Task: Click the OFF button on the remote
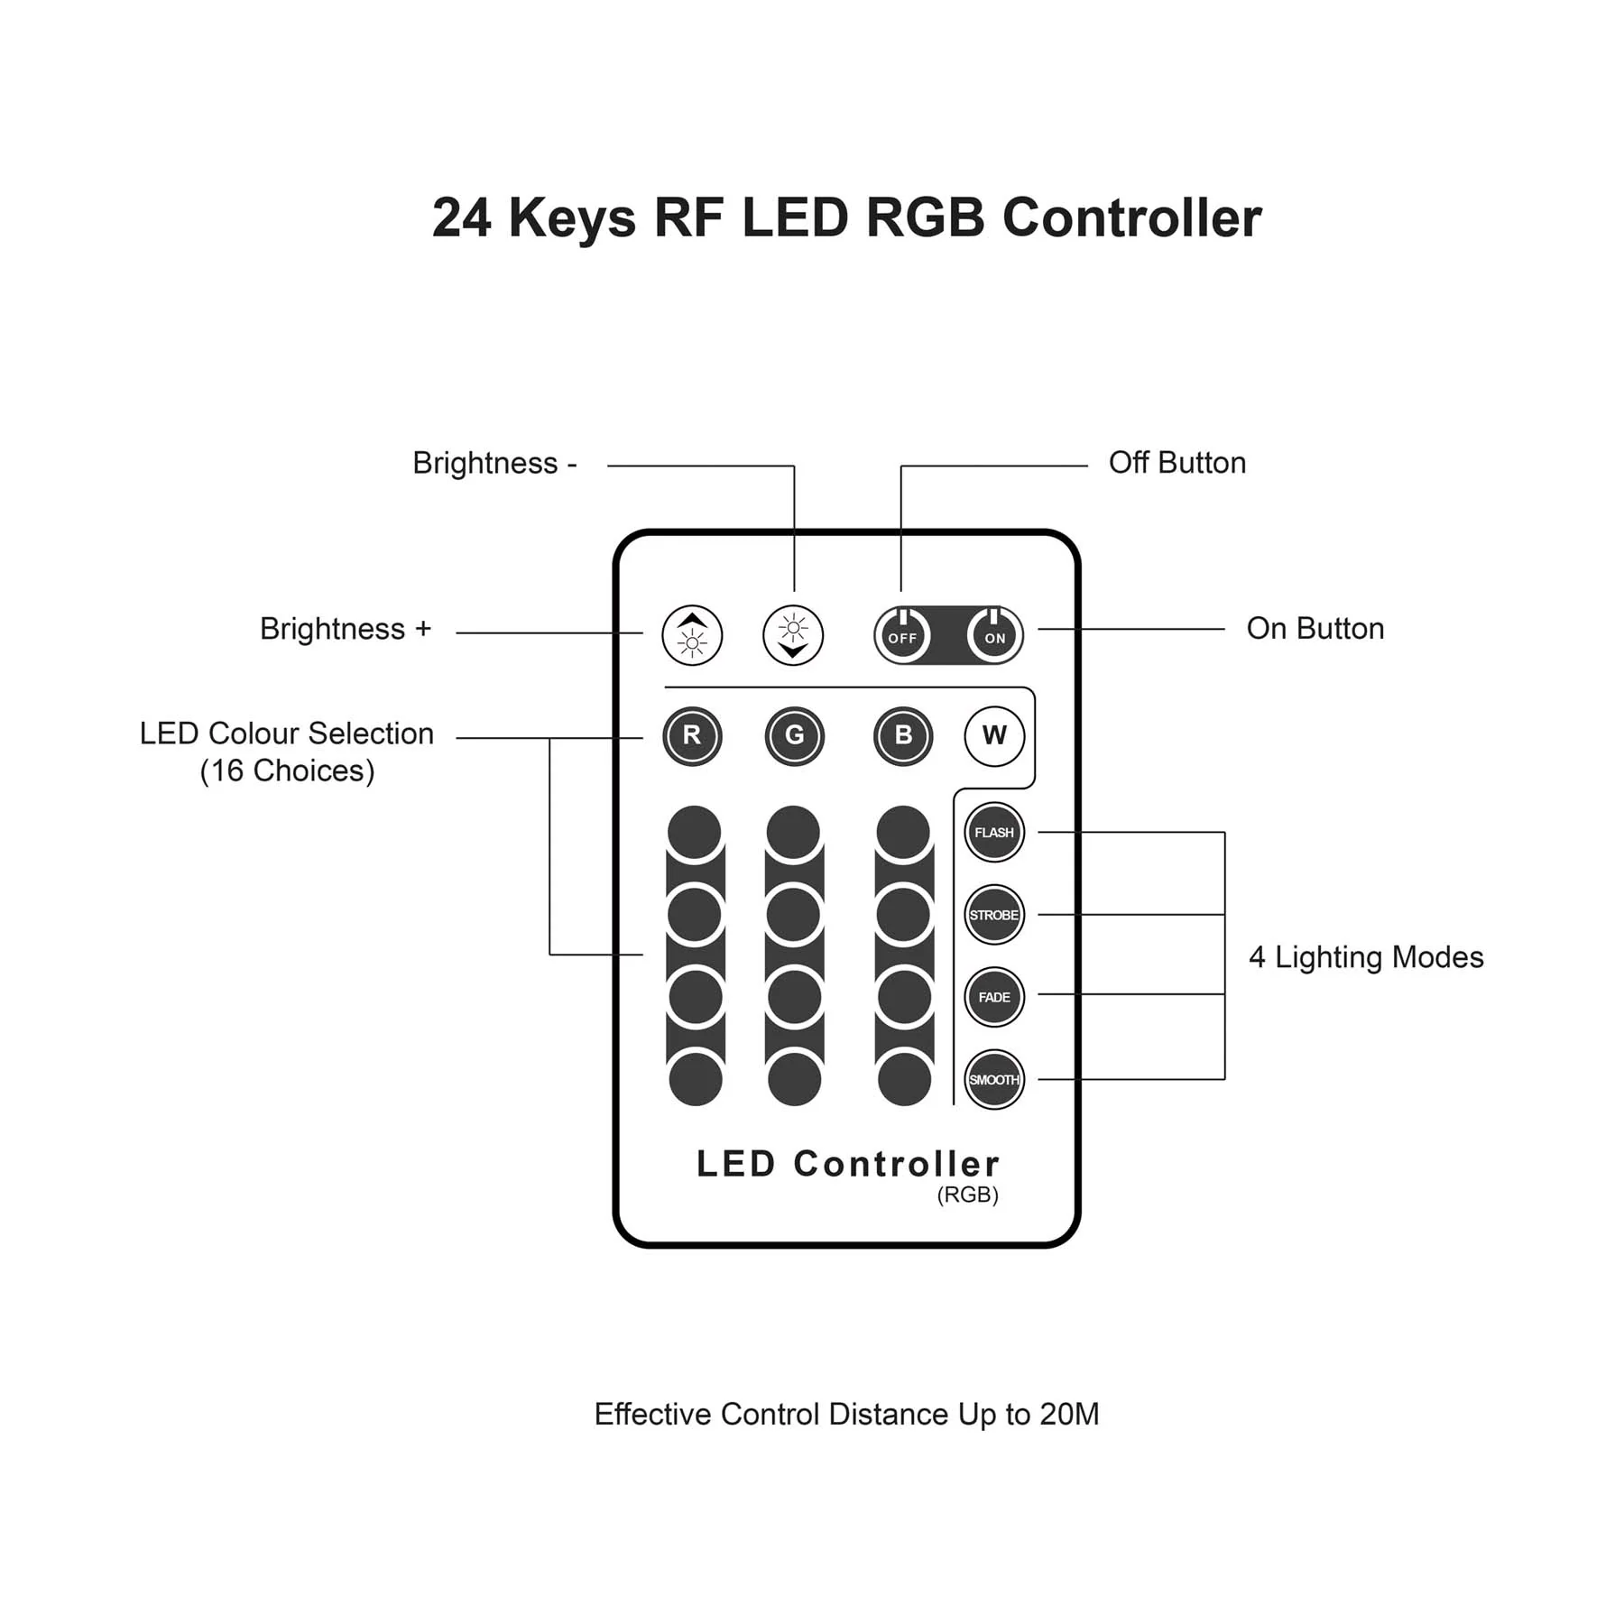coord(902,636)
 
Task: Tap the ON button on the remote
coord(994,636)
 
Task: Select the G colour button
coord(794,736)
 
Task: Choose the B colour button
coord(903,736)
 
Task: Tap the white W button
coord(994,736)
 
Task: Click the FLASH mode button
coord(994,832)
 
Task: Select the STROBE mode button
coord(994,915)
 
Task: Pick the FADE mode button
coord(994,997)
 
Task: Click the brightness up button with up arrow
coord(692,635)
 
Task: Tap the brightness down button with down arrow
coord(793,635)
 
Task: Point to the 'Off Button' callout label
coord(1176,463)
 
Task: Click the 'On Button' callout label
coord(1315,629)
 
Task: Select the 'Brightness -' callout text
coord(494,464)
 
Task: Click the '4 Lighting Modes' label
coord(1365,957)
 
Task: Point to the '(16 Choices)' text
coord(287,771)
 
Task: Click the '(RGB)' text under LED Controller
coord(967,1195)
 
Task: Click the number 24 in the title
coord(462,218)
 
